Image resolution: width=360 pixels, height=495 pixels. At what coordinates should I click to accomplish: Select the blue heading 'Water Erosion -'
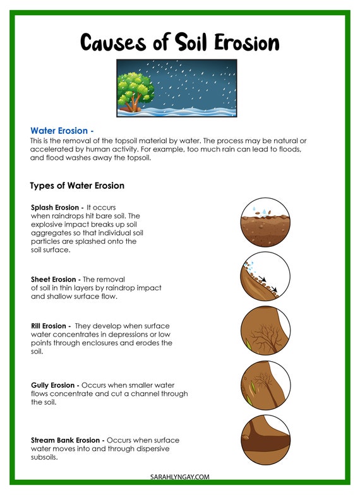[x=62, y=131]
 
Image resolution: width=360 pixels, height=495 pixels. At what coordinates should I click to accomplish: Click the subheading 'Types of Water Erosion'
[x=77, y=186]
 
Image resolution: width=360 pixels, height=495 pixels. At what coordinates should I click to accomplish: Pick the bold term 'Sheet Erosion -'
[x=56, y=279]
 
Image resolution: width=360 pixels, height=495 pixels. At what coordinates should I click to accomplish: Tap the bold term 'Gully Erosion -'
[x=55, y=385]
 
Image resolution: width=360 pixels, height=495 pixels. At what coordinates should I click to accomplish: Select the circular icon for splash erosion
[x=265, y=220]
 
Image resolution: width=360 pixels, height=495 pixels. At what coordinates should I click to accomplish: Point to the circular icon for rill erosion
[x=265, y=331]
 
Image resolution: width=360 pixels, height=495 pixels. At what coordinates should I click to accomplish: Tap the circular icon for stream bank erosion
[x=265, y=441]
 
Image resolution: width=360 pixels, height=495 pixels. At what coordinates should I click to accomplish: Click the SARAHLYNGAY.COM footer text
[x=180, y=477]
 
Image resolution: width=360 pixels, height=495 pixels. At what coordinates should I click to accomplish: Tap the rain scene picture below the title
[x=177, y=88]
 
